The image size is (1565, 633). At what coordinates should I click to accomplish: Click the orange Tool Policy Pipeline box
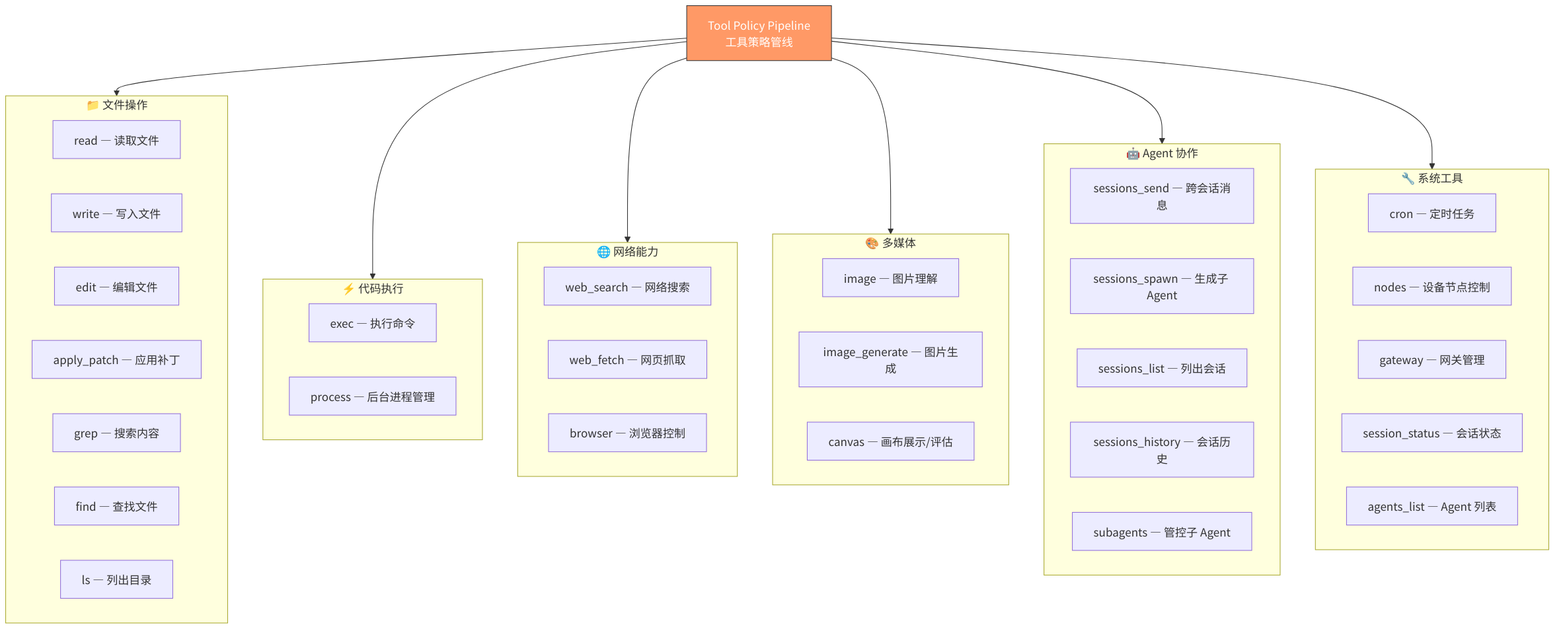tap(759, 33)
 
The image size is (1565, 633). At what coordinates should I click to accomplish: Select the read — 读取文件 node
tap(116, 139)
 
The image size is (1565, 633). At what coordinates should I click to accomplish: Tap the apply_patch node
tap(116, 359)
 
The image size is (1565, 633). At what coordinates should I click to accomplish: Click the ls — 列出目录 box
tap(116, 579)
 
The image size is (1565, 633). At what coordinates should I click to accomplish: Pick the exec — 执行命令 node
tap(372, 323)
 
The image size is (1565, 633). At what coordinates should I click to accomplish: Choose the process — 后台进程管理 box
tap(372, 396)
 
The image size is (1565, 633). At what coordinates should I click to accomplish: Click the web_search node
tap(627, 286)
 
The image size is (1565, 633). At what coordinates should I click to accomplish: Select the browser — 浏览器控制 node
tap(627, 433)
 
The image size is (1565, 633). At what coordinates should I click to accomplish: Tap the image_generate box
tap(890, 359)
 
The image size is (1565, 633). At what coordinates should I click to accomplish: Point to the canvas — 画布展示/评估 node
tap(890, 441)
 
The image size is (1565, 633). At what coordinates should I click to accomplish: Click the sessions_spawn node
tap(1161, 286)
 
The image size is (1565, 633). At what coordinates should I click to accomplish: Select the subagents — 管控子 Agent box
tap(1161, 532)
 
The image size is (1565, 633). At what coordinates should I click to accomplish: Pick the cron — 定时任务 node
tap(1431, 213)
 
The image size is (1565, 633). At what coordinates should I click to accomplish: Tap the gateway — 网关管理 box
tap(1431, 359)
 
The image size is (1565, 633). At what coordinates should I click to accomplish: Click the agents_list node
tap(1431, 506)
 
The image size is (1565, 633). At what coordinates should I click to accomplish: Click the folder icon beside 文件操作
tap(93, 105)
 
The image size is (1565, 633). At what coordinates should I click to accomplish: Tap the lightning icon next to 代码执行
tap(348, 289)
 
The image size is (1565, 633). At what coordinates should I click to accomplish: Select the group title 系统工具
tap(1440, 178)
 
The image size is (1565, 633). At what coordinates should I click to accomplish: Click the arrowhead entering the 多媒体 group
tap(890, 231)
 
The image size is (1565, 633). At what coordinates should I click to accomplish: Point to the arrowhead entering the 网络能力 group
tap(627, 239)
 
